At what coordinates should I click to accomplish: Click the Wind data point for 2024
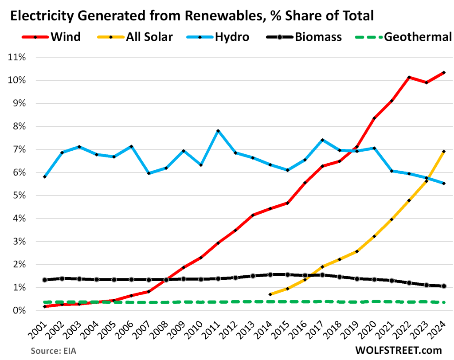444,72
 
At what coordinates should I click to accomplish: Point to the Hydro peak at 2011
218,131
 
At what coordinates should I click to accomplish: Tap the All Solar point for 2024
444,152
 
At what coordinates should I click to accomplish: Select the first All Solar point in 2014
270,294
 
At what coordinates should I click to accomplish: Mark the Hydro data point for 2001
45,177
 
